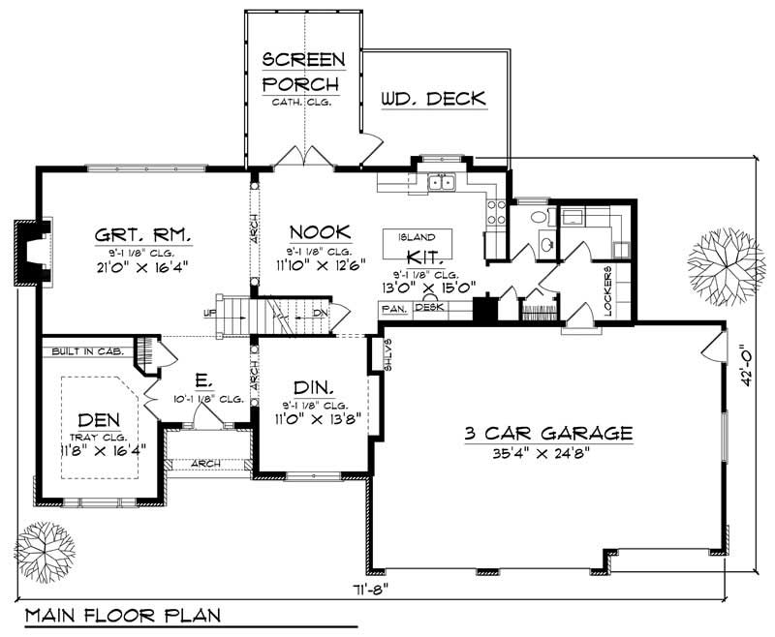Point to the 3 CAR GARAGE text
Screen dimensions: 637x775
(x=548, y=433)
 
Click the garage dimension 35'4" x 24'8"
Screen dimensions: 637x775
(x=548, y=452)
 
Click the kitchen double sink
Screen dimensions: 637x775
(x=443, y=181)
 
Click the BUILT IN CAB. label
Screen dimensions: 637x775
(x=83, y=351)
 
